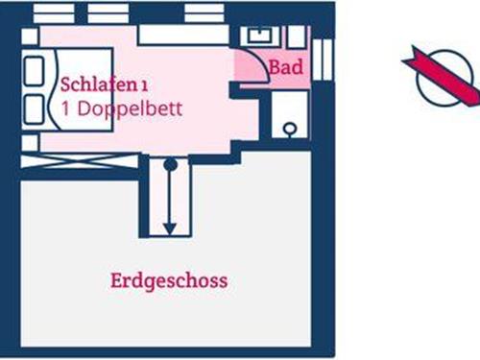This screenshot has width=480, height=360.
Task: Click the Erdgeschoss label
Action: click(169, 281)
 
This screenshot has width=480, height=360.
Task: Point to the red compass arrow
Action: click(442, 77)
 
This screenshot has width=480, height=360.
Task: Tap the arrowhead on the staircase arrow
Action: click(170, 228)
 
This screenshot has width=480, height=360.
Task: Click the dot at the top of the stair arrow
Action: click(170, 165)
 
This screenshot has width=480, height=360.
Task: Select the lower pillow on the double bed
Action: click(36, 105)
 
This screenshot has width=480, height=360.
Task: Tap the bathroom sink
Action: click(258, 36)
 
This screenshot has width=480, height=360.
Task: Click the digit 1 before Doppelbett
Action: click(64, 108)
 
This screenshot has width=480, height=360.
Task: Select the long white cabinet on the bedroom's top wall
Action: click(182, 35)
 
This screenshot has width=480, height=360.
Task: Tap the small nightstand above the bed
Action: click(30, 36)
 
